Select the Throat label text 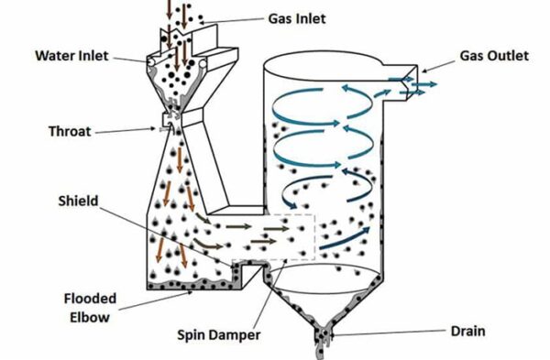(x=69, y=131)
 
